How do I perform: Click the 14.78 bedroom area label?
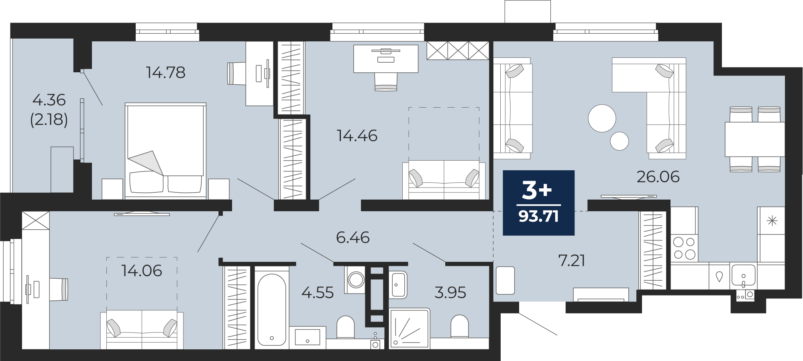tap(166, 73)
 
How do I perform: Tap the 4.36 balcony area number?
tap(49, 100)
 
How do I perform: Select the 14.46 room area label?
tap(357, 136)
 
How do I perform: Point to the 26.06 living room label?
tap(658, 177)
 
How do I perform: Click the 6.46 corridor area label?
tap(353, 237)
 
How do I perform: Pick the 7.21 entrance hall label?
tap(572, 261)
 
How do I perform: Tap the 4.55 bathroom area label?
tap(318, 293)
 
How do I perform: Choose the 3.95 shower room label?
tap(450, 293)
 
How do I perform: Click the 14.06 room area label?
tap(142, 271)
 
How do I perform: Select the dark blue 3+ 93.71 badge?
tap(538, 203)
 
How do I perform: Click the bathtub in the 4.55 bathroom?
tap(272, 308)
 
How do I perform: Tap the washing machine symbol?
tap(356, 279)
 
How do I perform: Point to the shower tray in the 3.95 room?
tap(409, 328)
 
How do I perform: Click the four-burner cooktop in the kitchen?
tap(685, 248)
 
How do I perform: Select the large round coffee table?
tap(602, 118)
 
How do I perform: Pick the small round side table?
tap(620, 141)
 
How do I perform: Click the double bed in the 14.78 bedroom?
tap(165, 151)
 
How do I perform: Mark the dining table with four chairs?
tap(754, 139)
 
